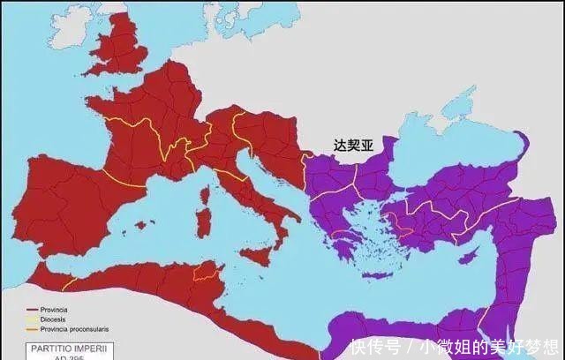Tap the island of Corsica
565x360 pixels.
(x=204, y=194)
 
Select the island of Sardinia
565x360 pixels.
(x=202, y=221)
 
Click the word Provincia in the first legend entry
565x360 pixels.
(x=51, y=309)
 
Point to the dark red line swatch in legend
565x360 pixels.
(x=32, y=309)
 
